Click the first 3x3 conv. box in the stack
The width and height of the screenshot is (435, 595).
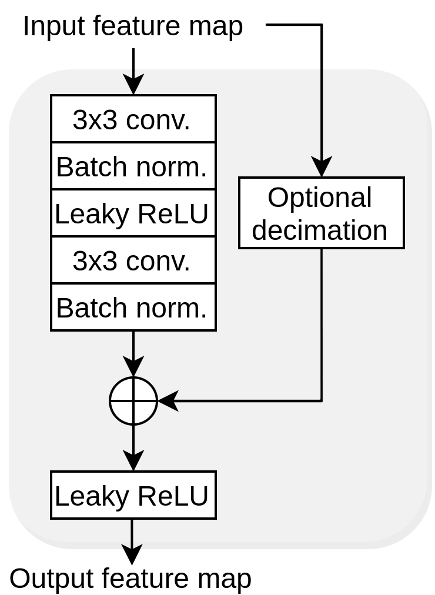[x=133, y=119]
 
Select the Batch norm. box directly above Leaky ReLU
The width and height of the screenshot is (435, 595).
[x=133, y=166]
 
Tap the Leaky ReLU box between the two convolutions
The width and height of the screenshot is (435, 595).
[x=133, y=213]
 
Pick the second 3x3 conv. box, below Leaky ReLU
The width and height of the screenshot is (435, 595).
[x=133, y=260]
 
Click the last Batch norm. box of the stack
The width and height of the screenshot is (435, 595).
[x=133, y=307]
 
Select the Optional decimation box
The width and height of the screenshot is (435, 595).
[x=322, y=213]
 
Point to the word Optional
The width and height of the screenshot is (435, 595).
[x=320, y=198]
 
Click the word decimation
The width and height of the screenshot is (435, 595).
[x=320, y=230]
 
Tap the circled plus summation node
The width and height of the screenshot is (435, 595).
[x=133, y=401]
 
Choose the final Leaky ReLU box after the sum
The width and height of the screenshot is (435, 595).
[x=133, y=495]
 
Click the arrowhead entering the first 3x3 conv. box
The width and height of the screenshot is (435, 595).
[x=133, y=86]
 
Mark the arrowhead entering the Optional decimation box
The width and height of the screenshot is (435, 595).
[x=322, y=168]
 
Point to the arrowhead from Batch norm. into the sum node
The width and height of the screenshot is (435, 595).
[x=133, y=367]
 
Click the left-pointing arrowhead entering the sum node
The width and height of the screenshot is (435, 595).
[x=168, y=401]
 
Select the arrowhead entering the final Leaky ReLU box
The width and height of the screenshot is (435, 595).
[x=133, y=462]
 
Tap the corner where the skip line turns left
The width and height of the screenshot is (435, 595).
[x=322, y=401]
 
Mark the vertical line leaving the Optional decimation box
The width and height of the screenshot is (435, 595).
[x=322, y=323]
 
